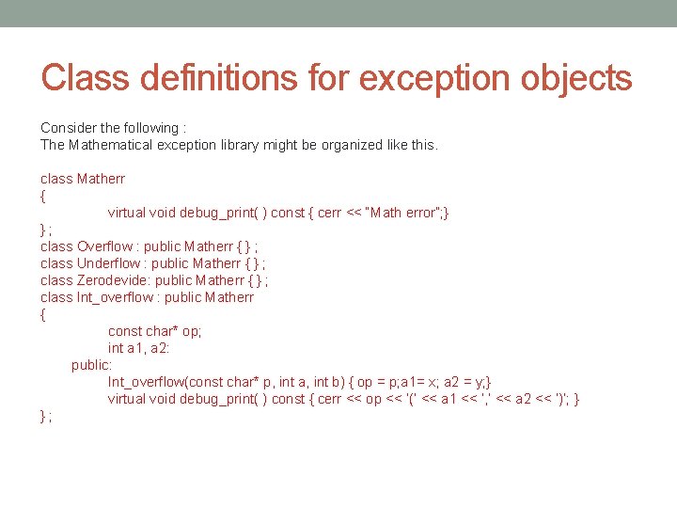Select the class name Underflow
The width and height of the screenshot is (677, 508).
click(x=108, y=263)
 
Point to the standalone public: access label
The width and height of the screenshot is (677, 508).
click(x=91, y=365)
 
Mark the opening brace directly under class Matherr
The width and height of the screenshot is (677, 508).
click(x=43, y=196)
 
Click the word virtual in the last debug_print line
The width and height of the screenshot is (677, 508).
click(x=127, y=399)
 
